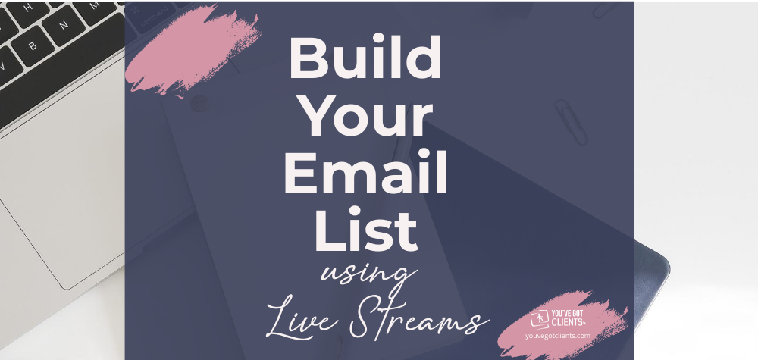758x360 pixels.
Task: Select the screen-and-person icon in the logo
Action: [540, 318]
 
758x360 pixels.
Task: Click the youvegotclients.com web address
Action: [557, 335]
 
